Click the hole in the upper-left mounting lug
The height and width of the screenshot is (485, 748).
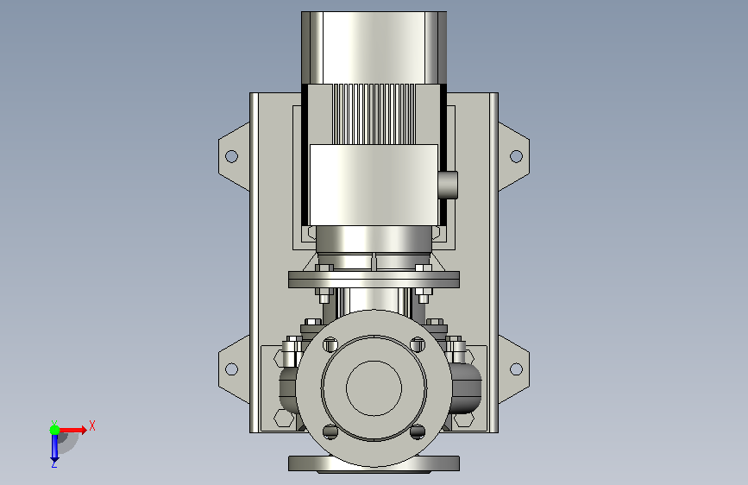coord(231,156)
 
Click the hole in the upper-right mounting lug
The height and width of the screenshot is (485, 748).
coord(516,156)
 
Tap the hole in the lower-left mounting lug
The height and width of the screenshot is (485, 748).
coord(231,369)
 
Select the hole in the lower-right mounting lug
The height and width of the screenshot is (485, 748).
coord(516,369)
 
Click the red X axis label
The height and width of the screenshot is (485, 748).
coord(92,425)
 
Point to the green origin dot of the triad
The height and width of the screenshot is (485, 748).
coord(55,430)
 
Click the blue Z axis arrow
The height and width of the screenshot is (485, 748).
coord(54,448)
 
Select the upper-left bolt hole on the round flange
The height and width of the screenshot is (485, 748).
coord(330,344)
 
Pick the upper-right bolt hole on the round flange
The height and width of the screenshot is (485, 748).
coord(418,344)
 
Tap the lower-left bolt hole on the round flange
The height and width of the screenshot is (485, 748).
coord(330,432)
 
